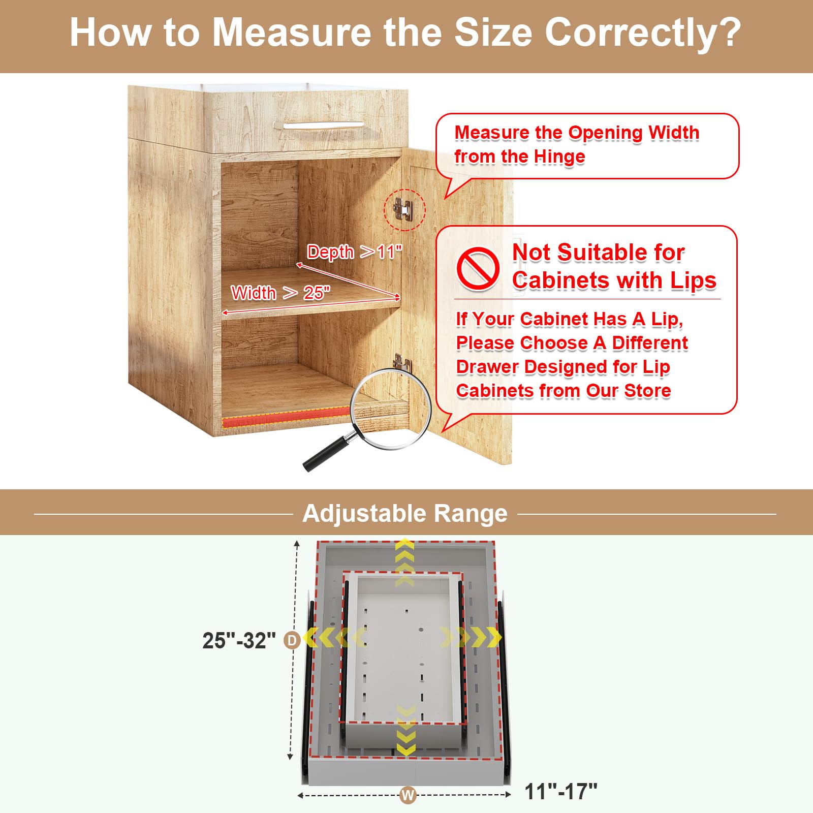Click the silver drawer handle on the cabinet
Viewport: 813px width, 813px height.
(323, 125)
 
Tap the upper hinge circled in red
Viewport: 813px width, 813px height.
(403, 209)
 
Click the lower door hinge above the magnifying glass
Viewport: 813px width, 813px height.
(402, 361)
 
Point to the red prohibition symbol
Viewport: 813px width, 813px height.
(478, 269)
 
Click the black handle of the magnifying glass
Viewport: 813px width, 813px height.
(326, 453)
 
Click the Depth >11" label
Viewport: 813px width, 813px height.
(354, 252)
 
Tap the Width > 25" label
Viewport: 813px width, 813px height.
(280, 293)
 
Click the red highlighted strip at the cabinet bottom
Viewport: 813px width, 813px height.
(287, 417)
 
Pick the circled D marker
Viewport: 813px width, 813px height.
(292, 640)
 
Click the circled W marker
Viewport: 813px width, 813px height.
(408, 795)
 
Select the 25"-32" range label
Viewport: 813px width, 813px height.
(239, 641)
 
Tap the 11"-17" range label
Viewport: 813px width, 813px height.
(560, 792)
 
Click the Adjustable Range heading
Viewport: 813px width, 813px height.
(405, 513)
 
